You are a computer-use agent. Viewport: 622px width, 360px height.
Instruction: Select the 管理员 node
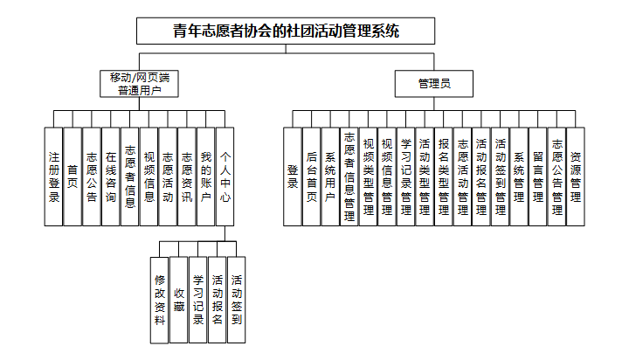coord(433,85)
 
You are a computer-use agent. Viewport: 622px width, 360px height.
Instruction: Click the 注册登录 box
coord(53,177)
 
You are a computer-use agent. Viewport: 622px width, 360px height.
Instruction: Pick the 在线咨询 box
coord(110,177)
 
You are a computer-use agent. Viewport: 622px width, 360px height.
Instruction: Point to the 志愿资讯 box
coord(186,177)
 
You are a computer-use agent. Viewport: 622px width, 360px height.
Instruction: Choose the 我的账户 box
coord(205,177)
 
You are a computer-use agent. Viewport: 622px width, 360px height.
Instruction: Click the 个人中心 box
coord(225,177)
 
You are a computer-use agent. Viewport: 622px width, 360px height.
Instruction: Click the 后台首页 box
coord(311,177)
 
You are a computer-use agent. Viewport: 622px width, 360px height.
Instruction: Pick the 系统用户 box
coord(330,177)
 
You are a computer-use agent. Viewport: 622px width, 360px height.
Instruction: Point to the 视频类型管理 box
coord(368,177)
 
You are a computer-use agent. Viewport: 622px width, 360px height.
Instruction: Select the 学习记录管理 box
coord(405,177)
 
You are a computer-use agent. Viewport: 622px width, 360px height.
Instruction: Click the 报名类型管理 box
coord(444,177)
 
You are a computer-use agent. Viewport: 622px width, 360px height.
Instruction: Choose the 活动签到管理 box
coord(500,177)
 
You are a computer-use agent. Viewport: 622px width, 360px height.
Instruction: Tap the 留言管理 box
coord(538,177)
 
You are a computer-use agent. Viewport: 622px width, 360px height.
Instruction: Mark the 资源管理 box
coord(576,177)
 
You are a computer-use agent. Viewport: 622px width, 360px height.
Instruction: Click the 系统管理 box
coord(519,177)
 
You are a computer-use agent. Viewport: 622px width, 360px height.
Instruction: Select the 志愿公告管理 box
coord(556,177)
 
